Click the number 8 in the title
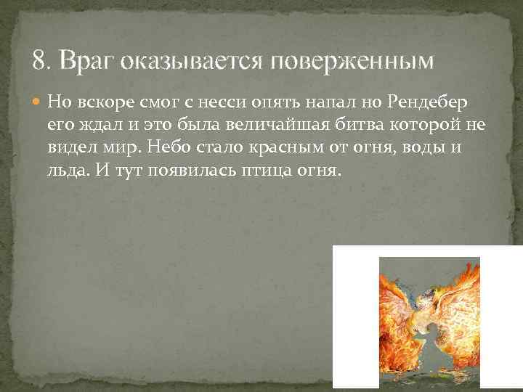(39, 60)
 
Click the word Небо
(169, 147)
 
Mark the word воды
(408, 147)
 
